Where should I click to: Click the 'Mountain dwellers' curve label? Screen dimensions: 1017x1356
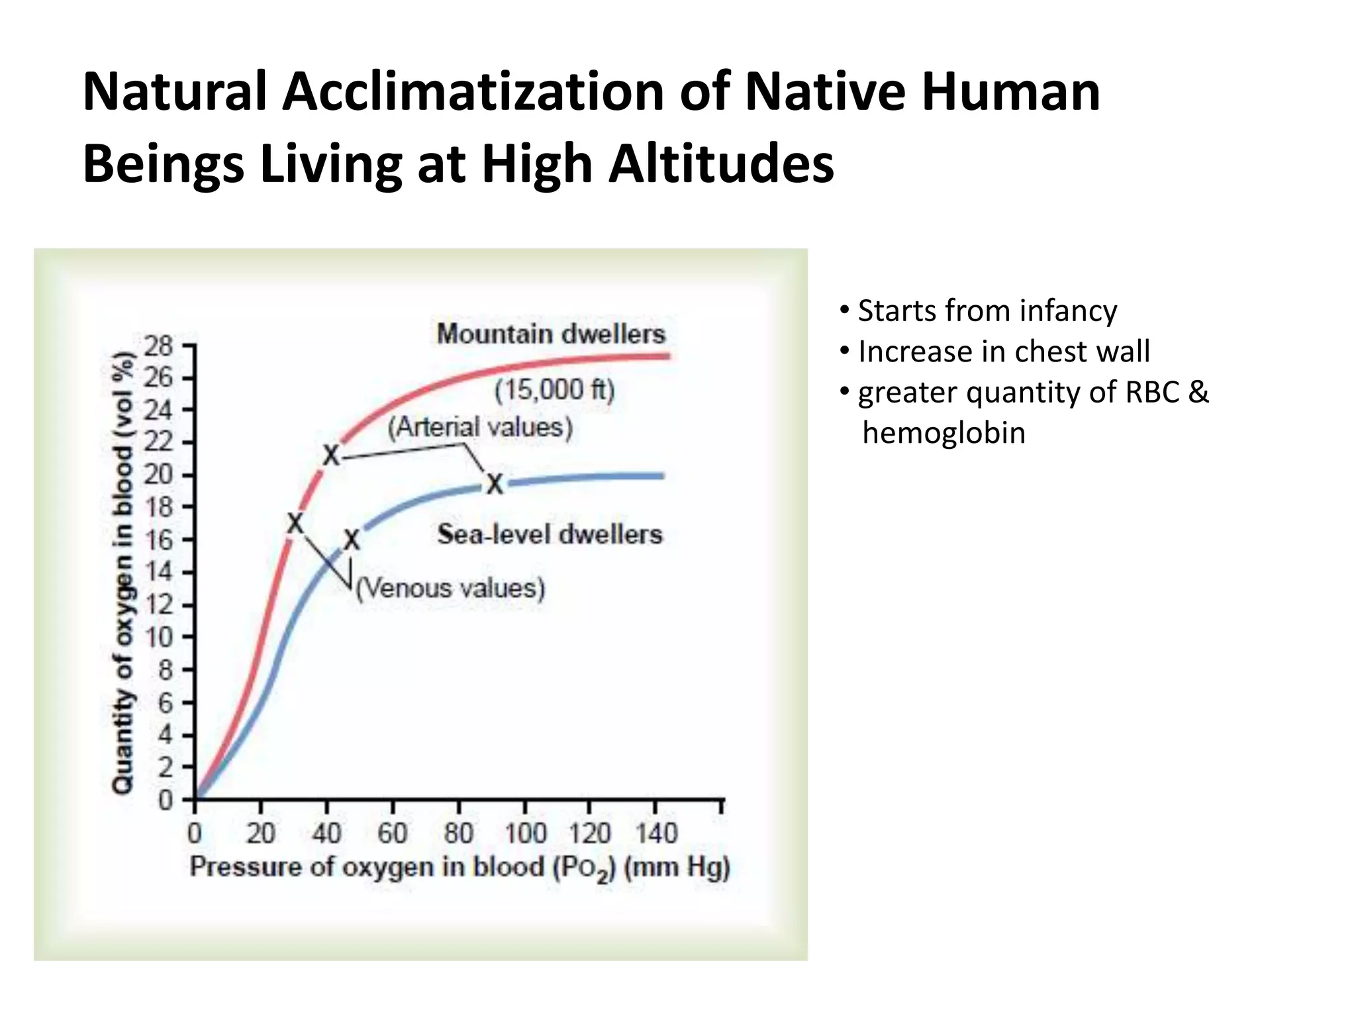click(551, 334)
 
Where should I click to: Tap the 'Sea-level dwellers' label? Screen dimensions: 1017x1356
click(550, 534)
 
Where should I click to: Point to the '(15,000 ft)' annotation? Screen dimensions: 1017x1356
click(555, 390)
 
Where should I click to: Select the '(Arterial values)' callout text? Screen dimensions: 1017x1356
click(480, 427)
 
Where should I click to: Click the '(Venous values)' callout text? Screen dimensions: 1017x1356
click(450, 588)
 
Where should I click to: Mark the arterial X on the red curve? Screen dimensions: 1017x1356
click(331, 456)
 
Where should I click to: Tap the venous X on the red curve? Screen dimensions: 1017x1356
click(295, 524)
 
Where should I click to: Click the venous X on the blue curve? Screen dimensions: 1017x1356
click(352, 540)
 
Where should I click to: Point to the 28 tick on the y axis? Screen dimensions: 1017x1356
click(159, 346)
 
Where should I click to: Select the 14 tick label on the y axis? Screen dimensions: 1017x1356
click(159, 572)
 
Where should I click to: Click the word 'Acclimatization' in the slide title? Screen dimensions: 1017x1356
click(473, 92)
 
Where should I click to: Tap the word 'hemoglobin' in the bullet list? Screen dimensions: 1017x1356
click(944, 433)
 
